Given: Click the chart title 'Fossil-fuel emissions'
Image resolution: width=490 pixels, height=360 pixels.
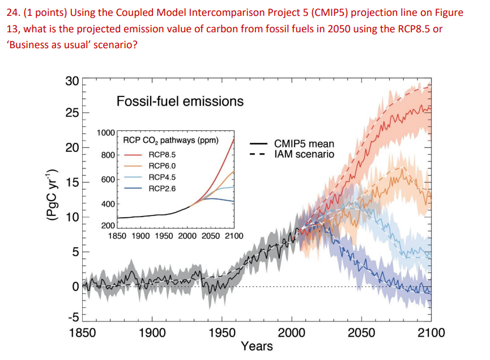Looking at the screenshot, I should pyautogui.click(x=180, y=101).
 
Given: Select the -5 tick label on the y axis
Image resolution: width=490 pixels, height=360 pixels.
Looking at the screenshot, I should pyautogui.click(x=73, y=319).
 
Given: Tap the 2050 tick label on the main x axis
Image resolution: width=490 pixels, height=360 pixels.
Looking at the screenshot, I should pyautogui.click(x=361, y=333).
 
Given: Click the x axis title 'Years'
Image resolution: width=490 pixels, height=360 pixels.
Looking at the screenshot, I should pyautogui.click(x=257, y=346).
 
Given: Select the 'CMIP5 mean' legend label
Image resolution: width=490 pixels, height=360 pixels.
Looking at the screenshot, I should pyautogui.click(x=304, y=144).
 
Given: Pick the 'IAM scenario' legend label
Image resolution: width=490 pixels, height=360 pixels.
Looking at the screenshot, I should pyautogui.click(x=304, y=154).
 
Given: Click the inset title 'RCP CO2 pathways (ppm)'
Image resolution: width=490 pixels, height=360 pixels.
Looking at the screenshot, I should pyautogui.click(x=171, y=140).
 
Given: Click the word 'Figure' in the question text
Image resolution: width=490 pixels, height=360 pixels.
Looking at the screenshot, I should pyautogui.click(x=448, y=12).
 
